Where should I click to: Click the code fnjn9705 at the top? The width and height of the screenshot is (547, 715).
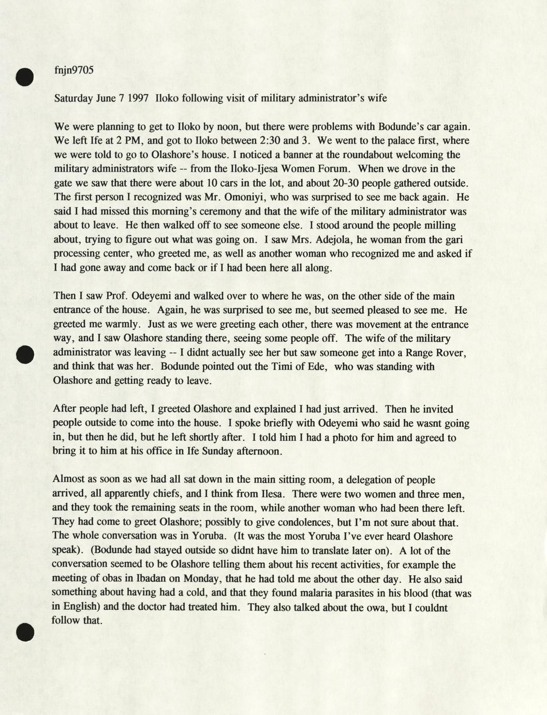[73, 70]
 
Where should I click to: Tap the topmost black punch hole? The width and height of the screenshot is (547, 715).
[24, 77]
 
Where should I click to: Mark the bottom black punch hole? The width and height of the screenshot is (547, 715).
[25, 633]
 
